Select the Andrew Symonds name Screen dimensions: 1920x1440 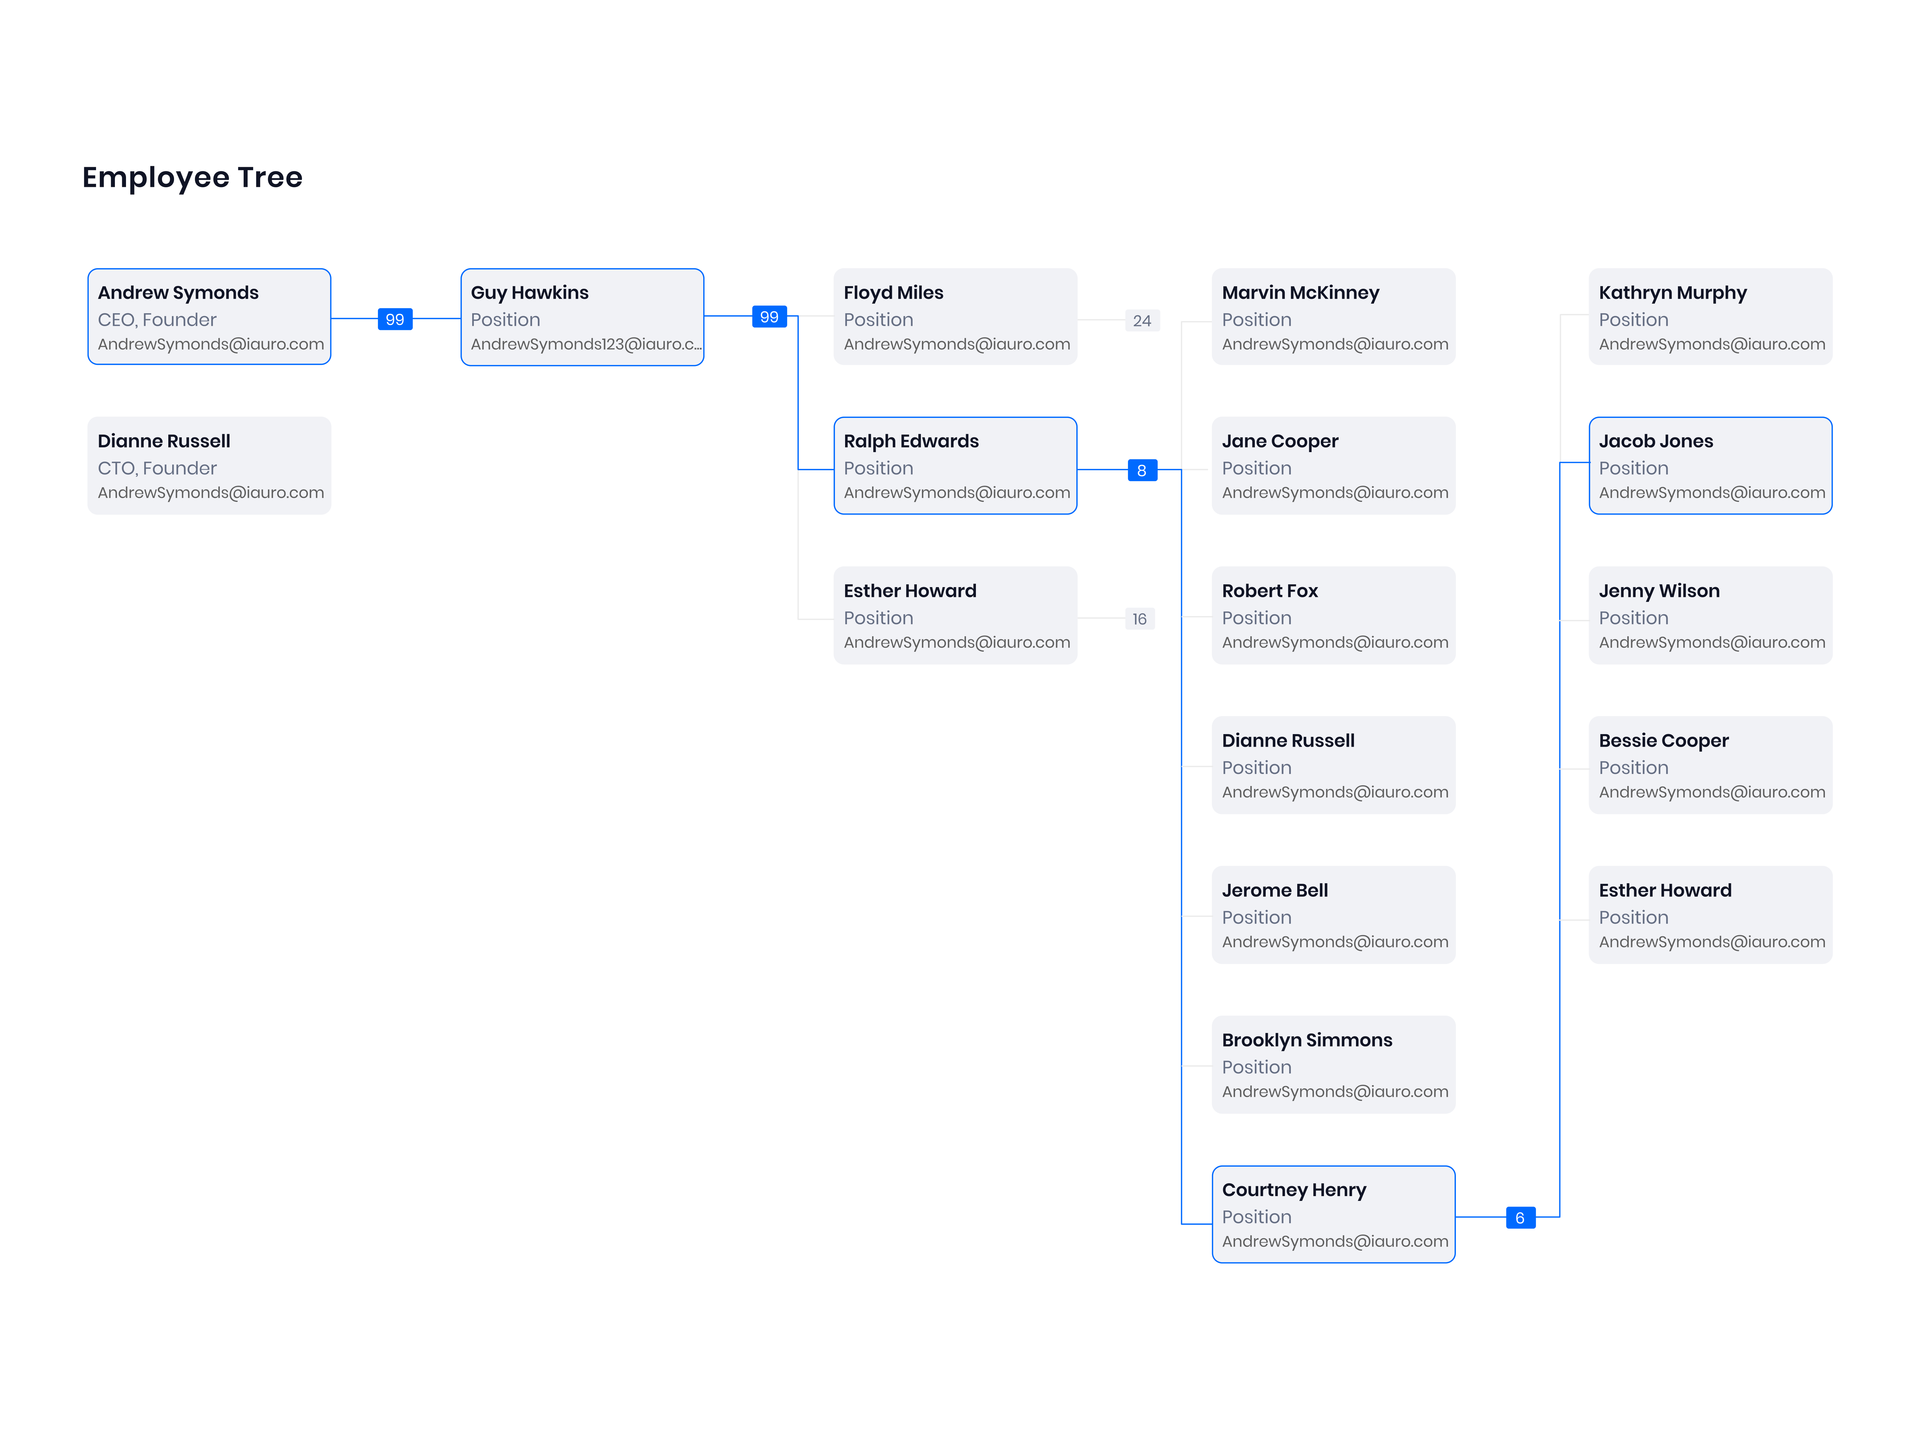tap(178, 293)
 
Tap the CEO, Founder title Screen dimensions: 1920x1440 tap(157, 320)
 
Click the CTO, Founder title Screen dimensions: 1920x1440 tap(157, 469)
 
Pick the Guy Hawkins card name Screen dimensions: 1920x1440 tap(529, 293)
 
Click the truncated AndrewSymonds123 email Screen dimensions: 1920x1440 tap(586, 345)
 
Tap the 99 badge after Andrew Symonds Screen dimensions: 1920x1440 tap(395, 319)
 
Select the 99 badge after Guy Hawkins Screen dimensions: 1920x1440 tap(769, 317)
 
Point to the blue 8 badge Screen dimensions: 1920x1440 tap(1142, 470)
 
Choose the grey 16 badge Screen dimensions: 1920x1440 tap(1140, 619)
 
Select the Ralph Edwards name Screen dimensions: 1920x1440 tap(911, 442)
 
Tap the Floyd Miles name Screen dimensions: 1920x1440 tap(893, 293)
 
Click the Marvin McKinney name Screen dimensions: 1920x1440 tap(1300, 293)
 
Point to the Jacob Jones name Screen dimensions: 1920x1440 tap(1656, 442)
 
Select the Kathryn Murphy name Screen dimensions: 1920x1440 tap(1672, 293)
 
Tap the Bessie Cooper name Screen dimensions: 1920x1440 tap(1664, 741)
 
